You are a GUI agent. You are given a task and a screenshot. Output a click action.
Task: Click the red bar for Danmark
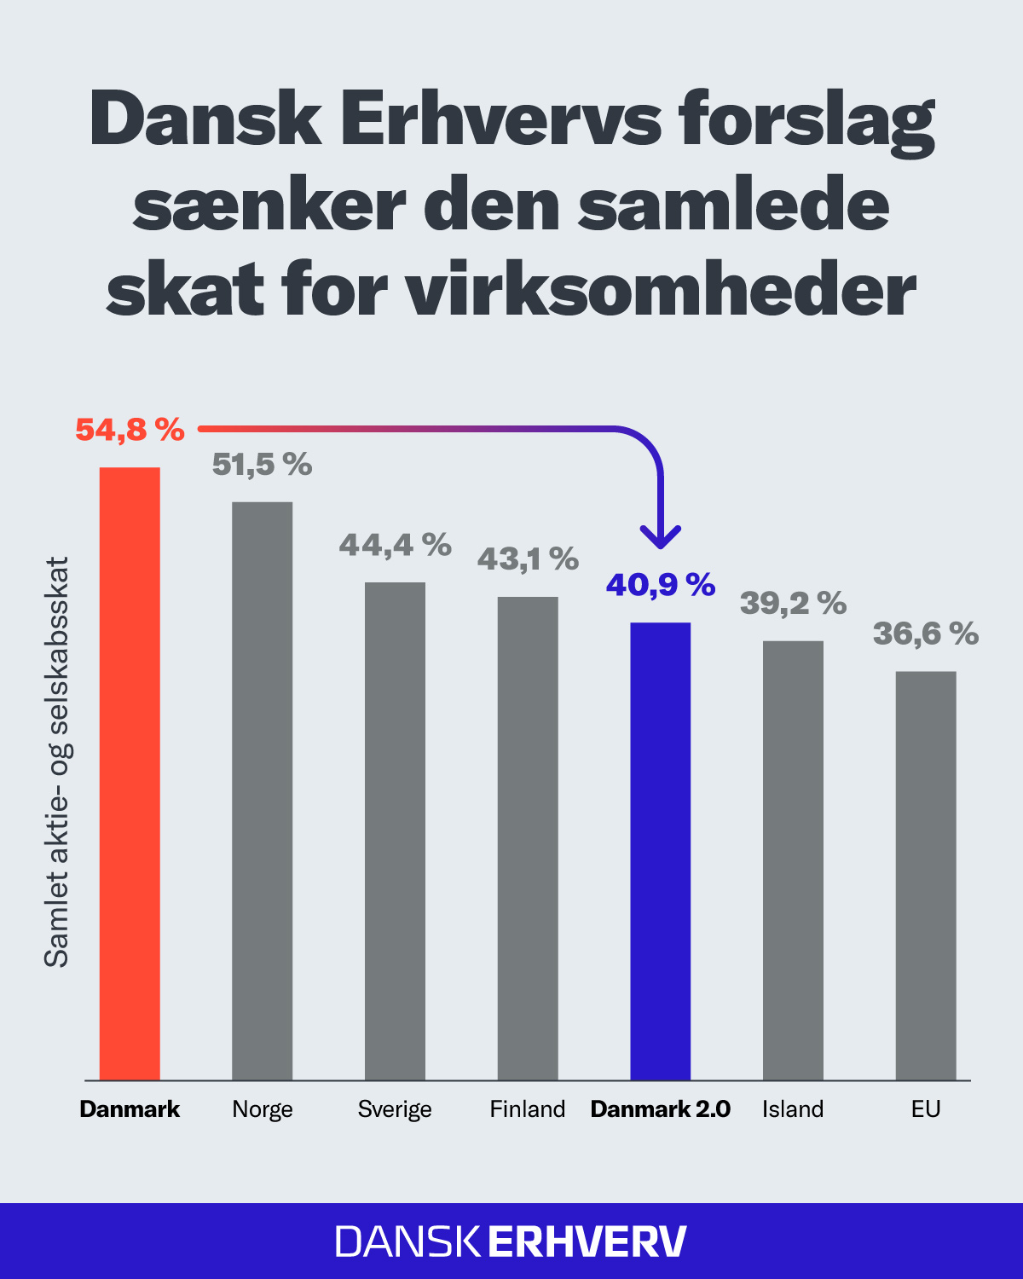click(x=130, y=773)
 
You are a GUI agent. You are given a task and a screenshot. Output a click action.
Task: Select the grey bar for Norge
click(x=263, y=790)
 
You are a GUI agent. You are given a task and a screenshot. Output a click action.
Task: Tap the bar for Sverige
click(x=395, y=831)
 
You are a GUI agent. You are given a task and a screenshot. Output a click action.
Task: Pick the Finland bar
click(x=528, y=838)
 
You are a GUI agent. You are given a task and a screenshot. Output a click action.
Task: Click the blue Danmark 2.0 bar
click(x=661, y=851)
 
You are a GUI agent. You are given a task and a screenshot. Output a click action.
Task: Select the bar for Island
click(x=793, y=860)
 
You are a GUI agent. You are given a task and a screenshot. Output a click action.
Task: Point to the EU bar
click(x=926, y=876)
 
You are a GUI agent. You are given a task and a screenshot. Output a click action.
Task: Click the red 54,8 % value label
click(x=130, y=430)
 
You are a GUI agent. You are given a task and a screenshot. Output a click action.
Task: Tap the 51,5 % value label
click(x=263, y=465)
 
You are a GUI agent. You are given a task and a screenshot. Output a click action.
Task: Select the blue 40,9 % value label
click(x=661, y=585)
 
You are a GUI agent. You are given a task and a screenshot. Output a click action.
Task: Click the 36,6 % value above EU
click(x=926, y=634)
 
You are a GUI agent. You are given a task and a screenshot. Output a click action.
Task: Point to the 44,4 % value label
click(x=395, y=545)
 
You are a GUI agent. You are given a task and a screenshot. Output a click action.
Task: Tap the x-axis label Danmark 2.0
click(x=661, y=1109)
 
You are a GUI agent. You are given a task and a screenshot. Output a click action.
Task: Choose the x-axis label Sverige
click(x=395, y=1109)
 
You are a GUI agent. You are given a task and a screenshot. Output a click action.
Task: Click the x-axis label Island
click(x=793, y=1109)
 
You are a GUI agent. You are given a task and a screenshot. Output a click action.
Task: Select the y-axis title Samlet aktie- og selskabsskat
click(x=56, y=761)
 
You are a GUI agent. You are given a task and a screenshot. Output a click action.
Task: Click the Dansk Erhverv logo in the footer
click(x=511, y=1241)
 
